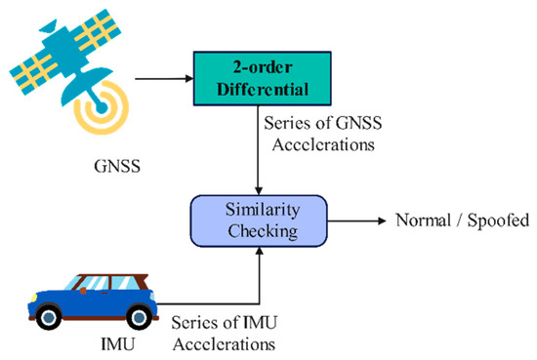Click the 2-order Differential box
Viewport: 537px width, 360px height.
tap(263, 78)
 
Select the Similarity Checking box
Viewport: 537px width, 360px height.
tap(259, 220)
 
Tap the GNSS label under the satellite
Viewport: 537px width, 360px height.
tap(117, 167)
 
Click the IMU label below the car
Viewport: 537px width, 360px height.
tap(117, 343)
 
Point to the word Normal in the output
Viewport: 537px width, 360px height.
tap(423, 220)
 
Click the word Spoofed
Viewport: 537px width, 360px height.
tap(498, 220)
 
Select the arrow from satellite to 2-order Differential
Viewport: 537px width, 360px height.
tap(164, 79)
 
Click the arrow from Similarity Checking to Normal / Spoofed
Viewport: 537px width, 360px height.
tap(356, 221)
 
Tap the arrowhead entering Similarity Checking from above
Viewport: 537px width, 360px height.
tap(259, 191)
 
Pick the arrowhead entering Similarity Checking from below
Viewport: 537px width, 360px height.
tap(260, 251)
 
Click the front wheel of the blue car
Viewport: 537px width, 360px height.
tap(50, 317)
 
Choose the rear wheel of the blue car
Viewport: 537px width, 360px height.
tap(139, 317)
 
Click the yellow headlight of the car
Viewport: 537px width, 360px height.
tap(33, 298)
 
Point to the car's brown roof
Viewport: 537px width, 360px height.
tap(113, 276)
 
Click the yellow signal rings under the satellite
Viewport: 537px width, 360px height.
tap(102, 108)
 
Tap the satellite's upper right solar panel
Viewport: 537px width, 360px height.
tap(99, 30)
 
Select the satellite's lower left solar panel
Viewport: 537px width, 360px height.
tap(33, 73)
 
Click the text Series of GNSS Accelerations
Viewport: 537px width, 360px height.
tap(323, 134)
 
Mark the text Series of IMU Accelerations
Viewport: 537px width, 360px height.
tap(225, 334)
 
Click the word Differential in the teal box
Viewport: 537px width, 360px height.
tap(263, 89)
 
